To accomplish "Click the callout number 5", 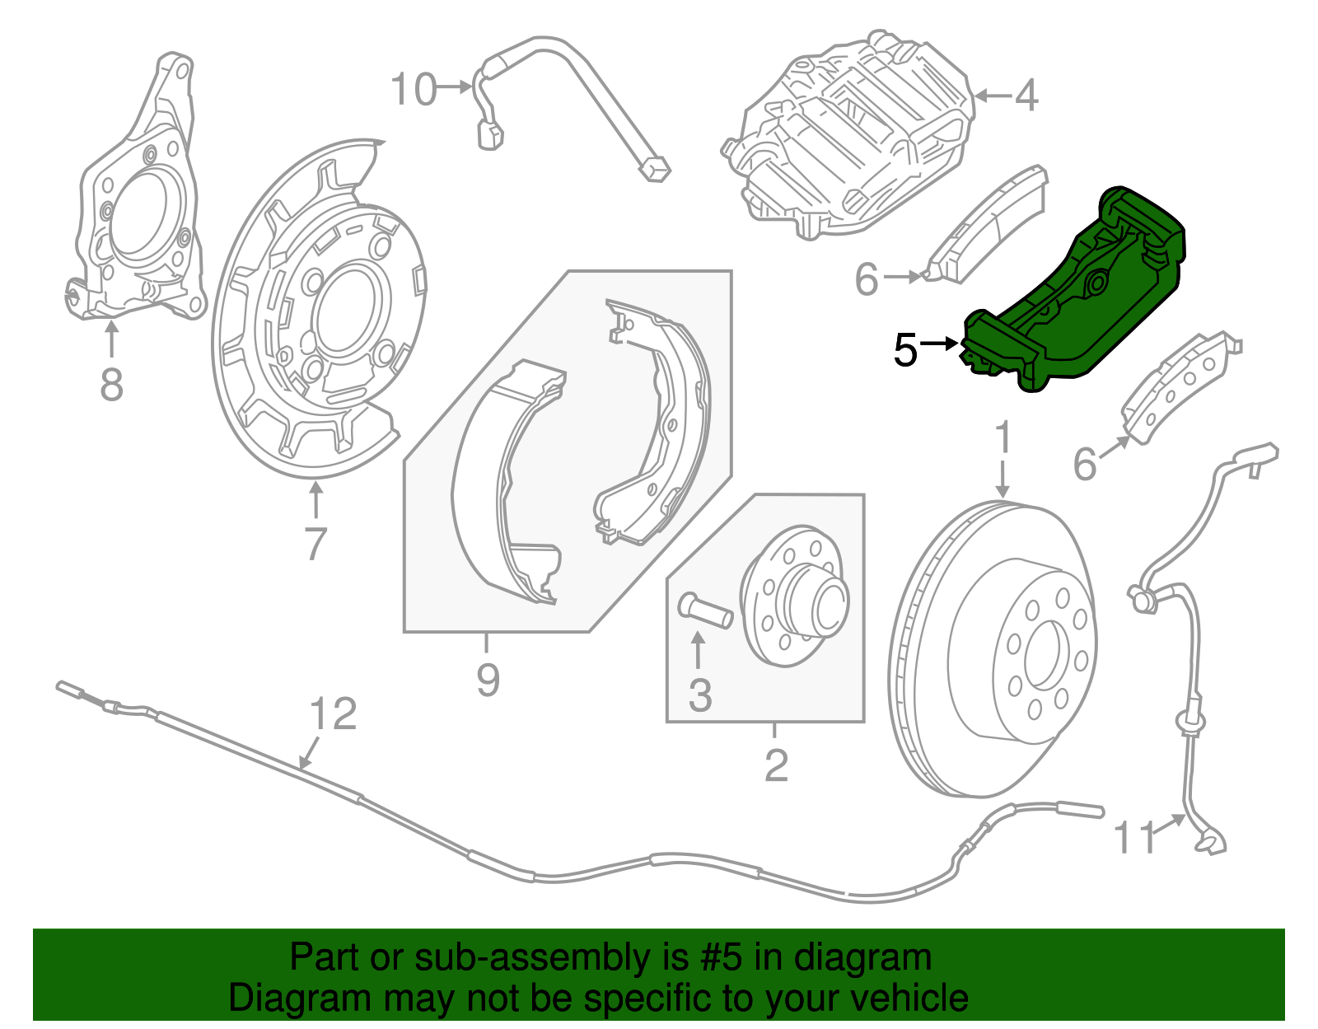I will click(x=905, y=350).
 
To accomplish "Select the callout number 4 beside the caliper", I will click(x=1026, y=96).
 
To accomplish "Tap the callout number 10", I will click(x=413, y=89).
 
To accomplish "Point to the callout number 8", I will click(x=111, y=384).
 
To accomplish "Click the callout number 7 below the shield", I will click(x=315, y=543).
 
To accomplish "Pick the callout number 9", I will click(x=488, y=680).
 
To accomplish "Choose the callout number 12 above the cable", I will click(x=334, y=714).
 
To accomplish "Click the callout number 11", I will click(x=1134, y=838).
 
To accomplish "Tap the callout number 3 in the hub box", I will click(x=699, y=695).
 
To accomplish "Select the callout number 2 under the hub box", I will click(x=776, y=765).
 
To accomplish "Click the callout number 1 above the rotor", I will click(x=1003, y=439).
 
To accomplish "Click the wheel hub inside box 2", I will click(x=795, y=597).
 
